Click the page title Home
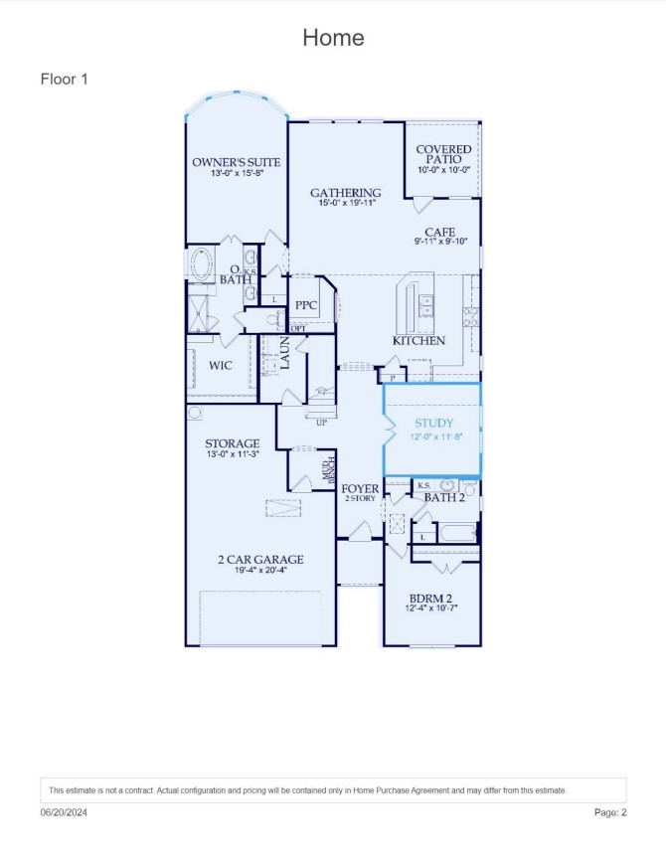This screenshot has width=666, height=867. pos(333,38)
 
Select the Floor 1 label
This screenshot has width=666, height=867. pos(65,78)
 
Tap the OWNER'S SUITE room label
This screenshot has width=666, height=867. pos(236,162)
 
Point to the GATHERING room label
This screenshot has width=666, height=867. pos(345,193)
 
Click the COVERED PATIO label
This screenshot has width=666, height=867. pos(444,154)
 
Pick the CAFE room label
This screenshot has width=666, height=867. pos(439,233)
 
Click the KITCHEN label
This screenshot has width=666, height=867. pos(418,341)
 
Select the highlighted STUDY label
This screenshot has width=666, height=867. pos(433,424)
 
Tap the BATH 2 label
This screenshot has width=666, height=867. pos(444,497)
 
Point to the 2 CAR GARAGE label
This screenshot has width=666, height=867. pos(260,560)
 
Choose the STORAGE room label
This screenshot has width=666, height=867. pos(233,443)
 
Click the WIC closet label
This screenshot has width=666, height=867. pos(220,365)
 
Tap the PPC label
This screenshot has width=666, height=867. pos(305,305)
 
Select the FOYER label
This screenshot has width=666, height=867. pos(359,489)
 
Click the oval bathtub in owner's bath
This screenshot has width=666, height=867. pos(203,266)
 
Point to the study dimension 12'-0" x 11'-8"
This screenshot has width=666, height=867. pos(433,435)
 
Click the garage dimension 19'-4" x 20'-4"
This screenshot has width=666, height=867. pos(260,571)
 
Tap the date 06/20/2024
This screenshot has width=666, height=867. pos(64,812)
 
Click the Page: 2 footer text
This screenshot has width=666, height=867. pos(610,812)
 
